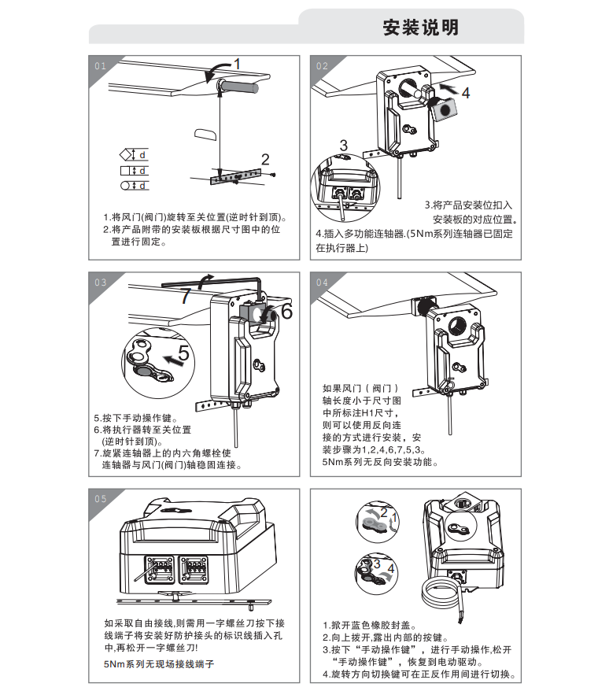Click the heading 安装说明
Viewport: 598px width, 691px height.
click(420, 28)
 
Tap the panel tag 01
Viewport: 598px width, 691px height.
click(100, 66)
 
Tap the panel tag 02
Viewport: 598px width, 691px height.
click(322, 66)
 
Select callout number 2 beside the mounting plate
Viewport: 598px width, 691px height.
click(265, 159)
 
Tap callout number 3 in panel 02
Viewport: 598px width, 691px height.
click(344, 145)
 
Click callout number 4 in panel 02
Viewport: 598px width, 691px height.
click(466, 93)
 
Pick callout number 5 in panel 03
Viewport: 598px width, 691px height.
click(183, 355)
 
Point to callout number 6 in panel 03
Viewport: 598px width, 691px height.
click(286, 312)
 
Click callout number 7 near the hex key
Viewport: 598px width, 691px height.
click(185, 297)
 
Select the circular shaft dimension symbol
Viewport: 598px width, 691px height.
click(126, 186)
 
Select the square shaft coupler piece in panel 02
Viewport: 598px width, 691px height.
click(447, 109)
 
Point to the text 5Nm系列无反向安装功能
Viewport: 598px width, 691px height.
click(379, 463)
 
